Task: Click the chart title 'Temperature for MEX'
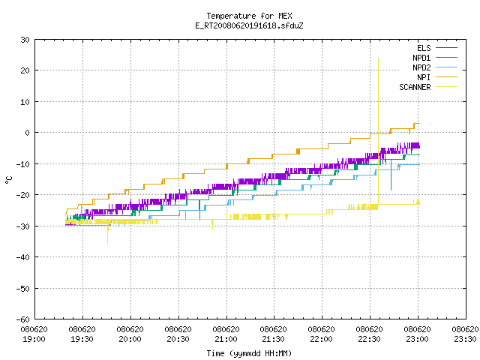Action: [x=249, y=16]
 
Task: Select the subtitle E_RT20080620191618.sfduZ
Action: [x=249, y=25]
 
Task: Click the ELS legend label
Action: [x=424, y=48]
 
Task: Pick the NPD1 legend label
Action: [x=421, y=58]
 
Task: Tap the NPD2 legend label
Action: [x=421, y=67]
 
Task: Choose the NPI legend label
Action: [x=424, y=77]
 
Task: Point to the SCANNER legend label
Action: [x=415, y=87]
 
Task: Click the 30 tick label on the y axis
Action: [x=25, y=40]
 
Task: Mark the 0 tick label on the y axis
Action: [x=28, y=133]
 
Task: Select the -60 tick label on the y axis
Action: [x=23, y=319]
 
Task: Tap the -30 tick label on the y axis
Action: [x=23, y=226]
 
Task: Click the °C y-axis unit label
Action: [x=8, y=180]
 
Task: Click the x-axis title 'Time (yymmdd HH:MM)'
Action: [x=249, y=353]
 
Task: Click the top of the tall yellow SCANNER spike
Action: [x=378, y=58]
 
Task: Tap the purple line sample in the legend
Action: [x=446, y=48]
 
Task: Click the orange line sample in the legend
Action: [x=446, y=77]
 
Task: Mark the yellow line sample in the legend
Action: [x=446, y=87]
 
